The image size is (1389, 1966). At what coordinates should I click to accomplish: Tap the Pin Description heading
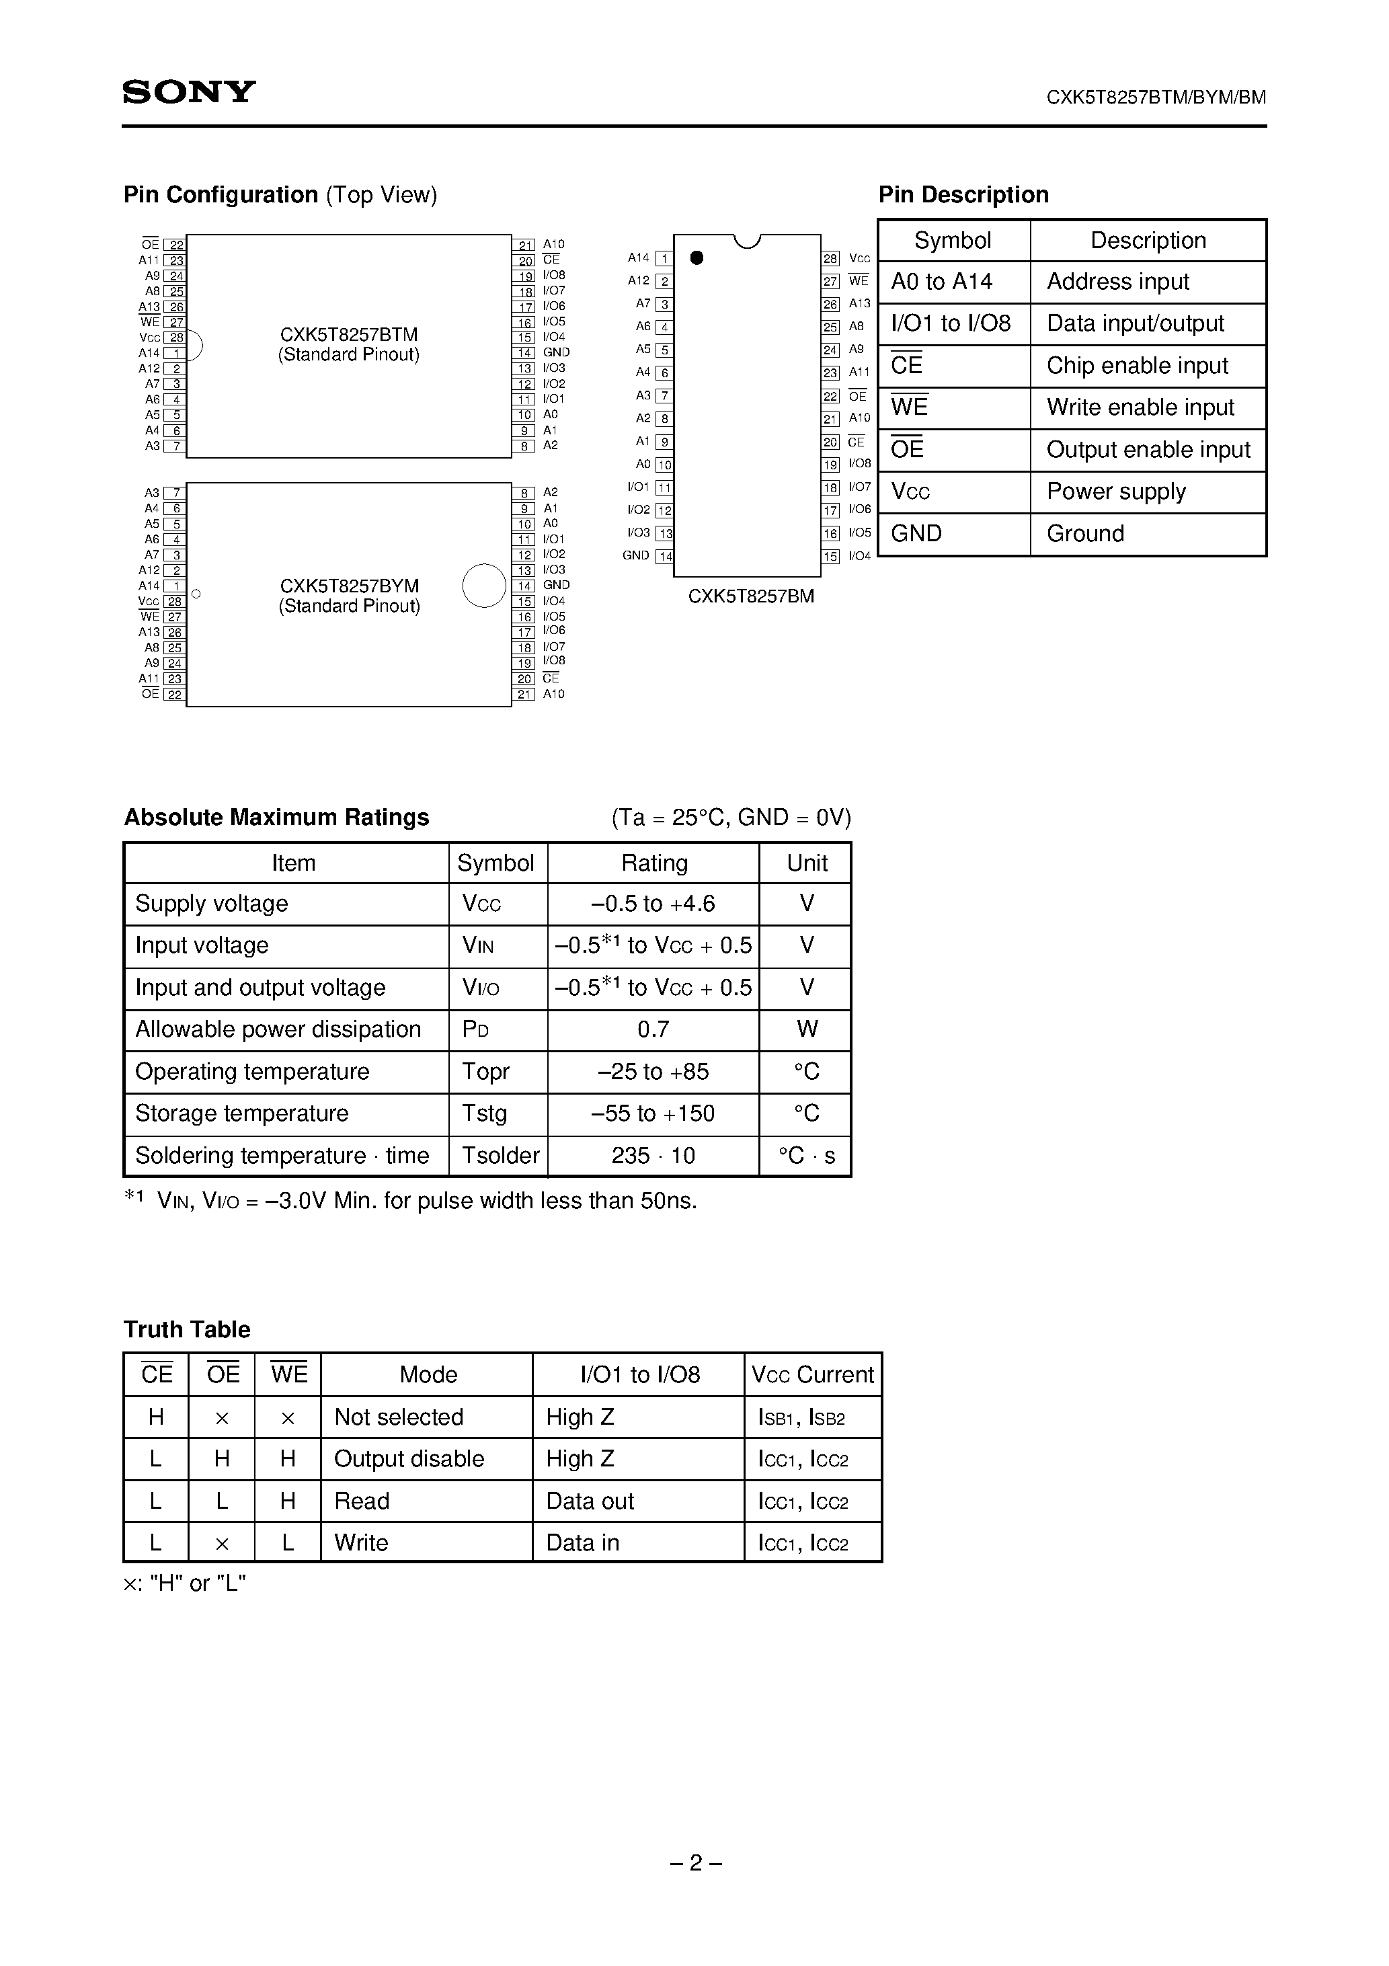point(963,195)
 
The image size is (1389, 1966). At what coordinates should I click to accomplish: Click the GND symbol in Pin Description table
point(916,533)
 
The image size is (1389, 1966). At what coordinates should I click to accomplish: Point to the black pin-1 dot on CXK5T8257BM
point(697,258)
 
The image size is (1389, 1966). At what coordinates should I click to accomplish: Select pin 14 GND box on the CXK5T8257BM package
point(664,557)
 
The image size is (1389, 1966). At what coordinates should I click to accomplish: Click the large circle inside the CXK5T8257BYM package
point(484,586)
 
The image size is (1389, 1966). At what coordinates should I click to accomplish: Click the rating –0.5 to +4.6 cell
point(653,904)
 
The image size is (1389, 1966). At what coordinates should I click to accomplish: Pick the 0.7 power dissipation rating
point(653,1029)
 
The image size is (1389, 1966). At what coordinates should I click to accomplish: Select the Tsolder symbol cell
point(500,1156)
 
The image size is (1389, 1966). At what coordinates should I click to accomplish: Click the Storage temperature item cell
point(242,1113)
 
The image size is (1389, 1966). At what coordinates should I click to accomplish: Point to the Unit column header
point(806,863)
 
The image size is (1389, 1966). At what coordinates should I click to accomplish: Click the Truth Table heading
point(187,1329)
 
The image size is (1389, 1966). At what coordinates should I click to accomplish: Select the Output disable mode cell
point(409,1458)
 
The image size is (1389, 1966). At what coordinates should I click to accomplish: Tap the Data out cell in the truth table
point(590,1501)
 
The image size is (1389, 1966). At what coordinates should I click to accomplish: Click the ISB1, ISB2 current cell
point(801,1417)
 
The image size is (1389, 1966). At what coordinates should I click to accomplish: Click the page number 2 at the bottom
point(695,1862)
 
